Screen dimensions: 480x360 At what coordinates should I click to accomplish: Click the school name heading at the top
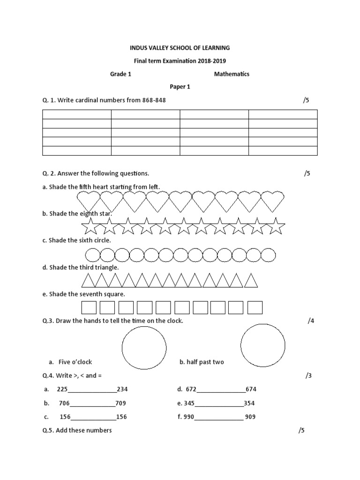180,48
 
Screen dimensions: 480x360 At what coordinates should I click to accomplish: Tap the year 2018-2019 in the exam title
214,61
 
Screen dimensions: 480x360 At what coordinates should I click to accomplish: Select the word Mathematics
232,74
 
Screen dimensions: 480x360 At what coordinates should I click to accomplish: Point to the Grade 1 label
120,74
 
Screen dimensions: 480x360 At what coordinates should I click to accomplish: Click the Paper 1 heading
180,87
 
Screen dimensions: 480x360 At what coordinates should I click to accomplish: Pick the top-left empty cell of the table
77,114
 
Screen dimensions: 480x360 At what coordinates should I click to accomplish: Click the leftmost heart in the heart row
88,201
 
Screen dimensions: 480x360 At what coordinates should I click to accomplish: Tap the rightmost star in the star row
276,226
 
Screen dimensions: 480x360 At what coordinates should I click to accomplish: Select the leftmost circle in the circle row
92,255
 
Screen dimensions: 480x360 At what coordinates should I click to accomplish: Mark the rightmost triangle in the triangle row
251,280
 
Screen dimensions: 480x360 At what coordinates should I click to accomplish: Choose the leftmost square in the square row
89,307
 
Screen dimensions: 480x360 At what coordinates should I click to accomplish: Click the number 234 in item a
122,390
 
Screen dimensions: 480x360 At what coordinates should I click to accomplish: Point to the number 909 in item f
250,417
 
